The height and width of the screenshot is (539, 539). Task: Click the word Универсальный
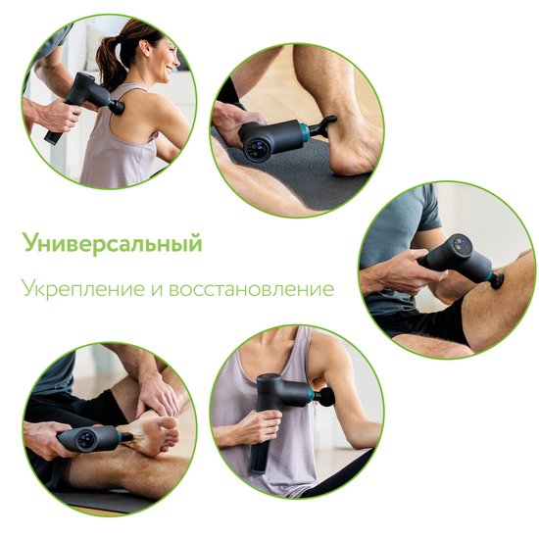(x=112, y=243)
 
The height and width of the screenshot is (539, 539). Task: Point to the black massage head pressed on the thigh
(x=497, y=281)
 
